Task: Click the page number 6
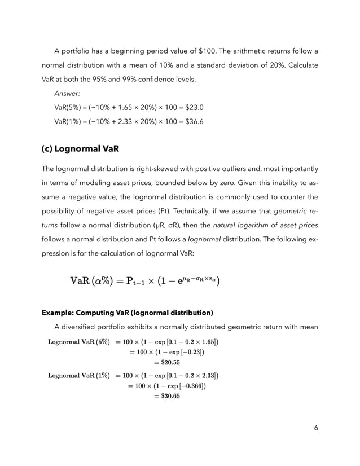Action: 316,428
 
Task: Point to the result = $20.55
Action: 167,362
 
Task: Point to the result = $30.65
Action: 167,396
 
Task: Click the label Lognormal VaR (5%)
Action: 79,341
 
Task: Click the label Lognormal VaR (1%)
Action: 79,375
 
